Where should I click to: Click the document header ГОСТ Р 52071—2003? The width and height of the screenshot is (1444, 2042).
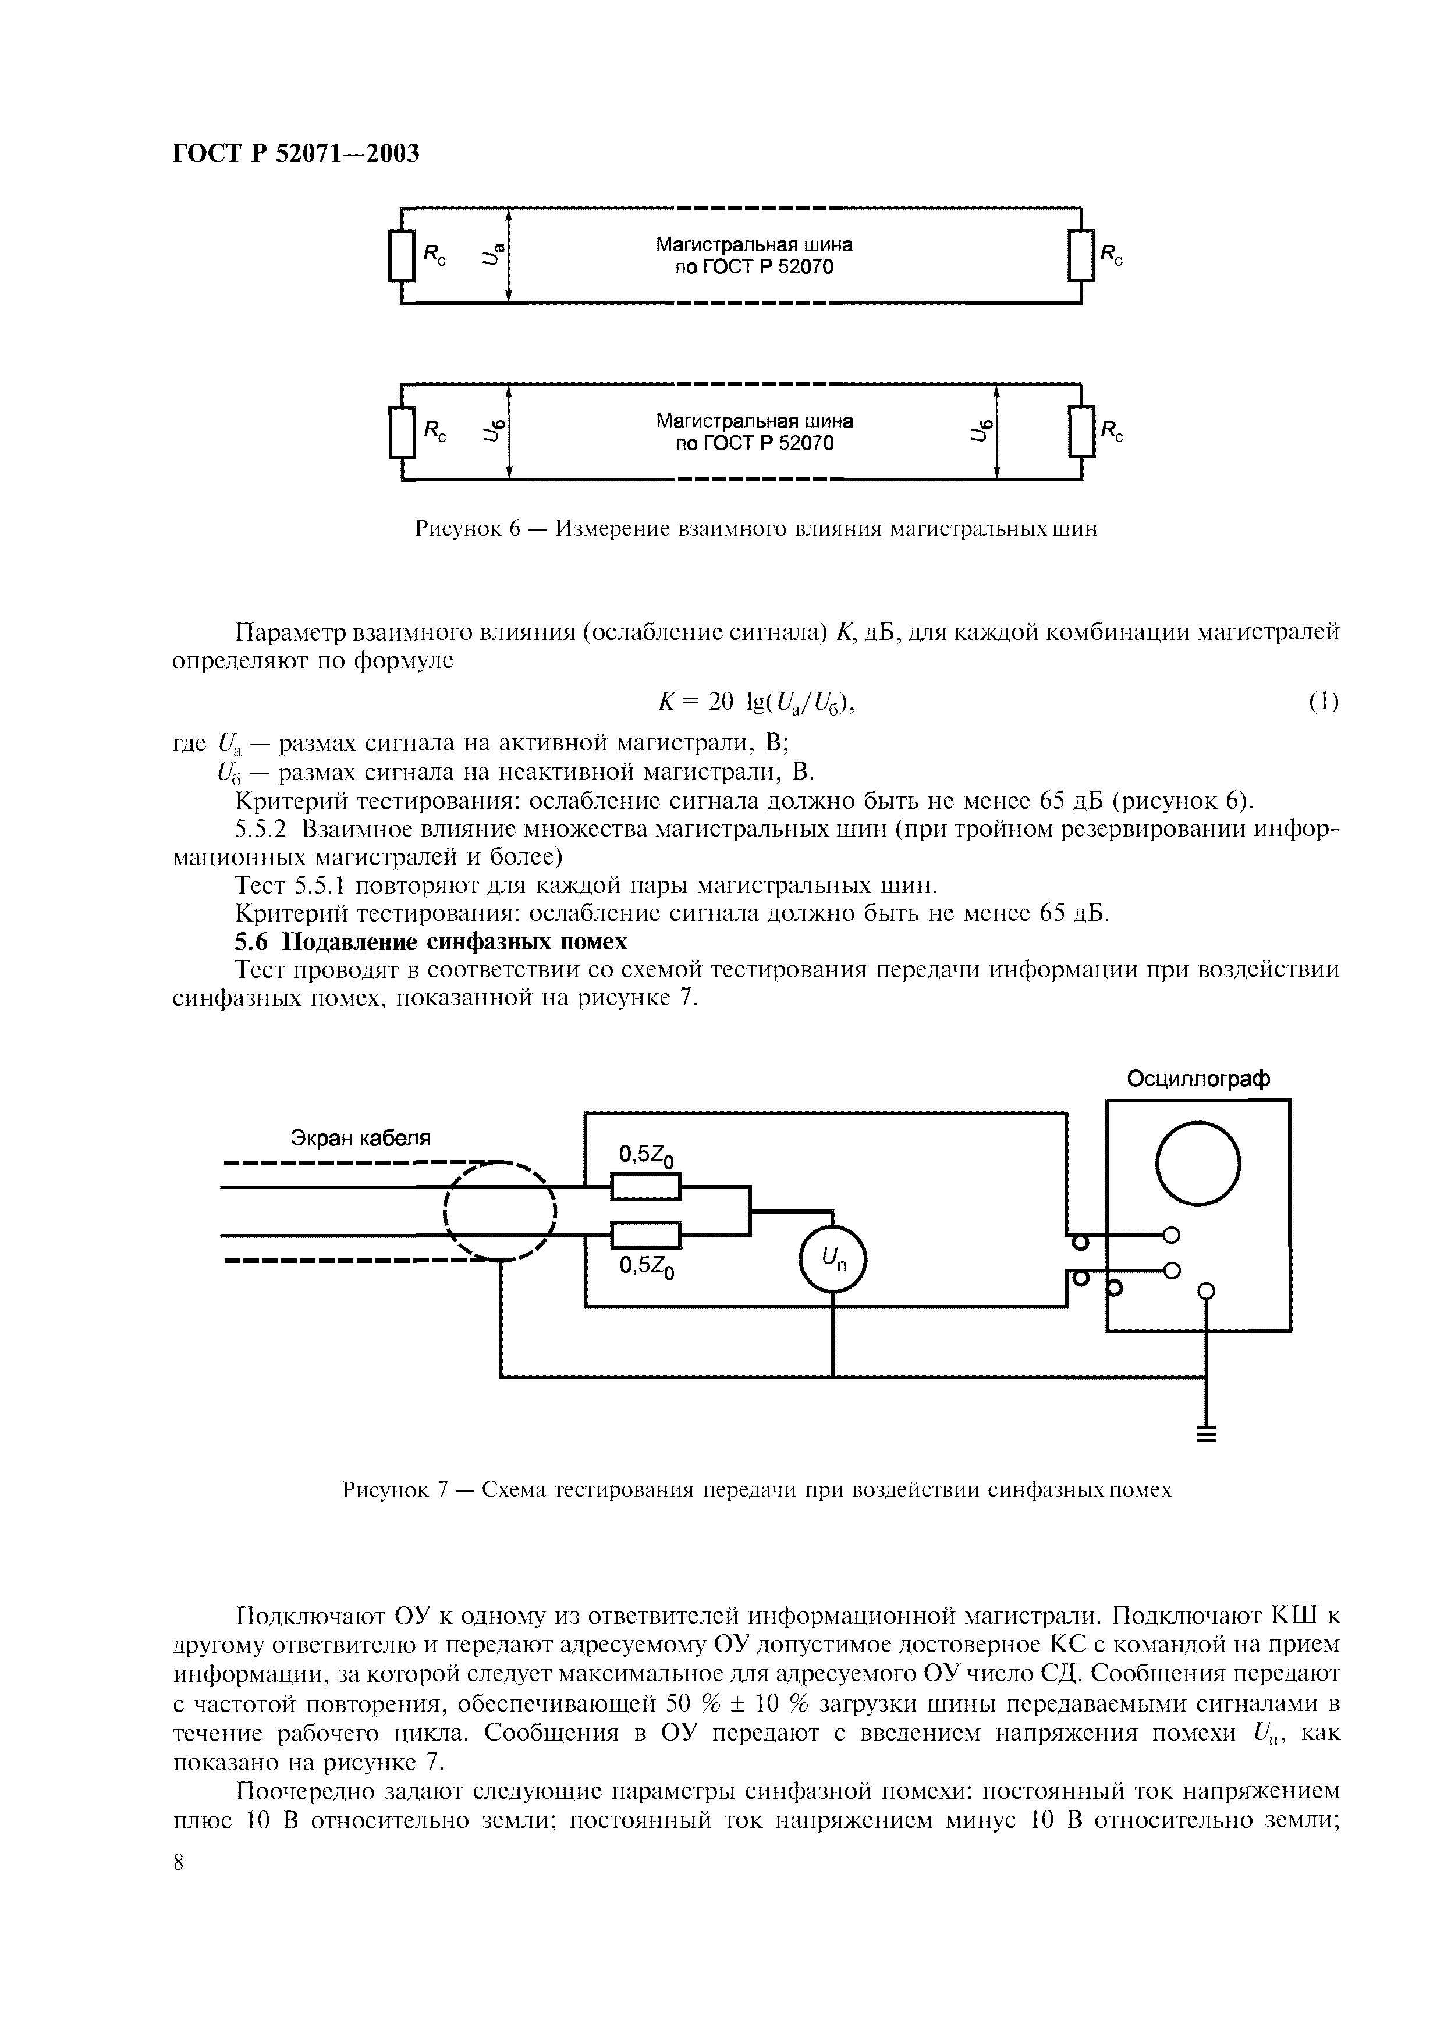click(295, 154)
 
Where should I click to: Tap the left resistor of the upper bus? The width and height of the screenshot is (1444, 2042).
click(402, 255)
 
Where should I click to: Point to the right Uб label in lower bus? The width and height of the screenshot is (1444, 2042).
click(979, 431)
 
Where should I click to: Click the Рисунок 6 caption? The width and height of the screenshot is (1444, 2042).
click(756, 529)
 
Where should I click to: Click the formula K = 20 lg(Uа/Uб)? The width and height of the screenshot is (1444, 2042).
click(755, 703)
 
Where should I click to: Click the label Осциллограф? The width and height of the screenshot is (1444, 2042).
click(1198, 1079)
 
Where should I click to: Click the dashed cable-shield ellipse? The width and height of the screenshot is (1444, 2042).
click(500, 1211)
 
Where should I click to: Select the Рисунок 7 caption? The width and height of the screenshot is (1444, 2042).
click(756, 1490)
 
